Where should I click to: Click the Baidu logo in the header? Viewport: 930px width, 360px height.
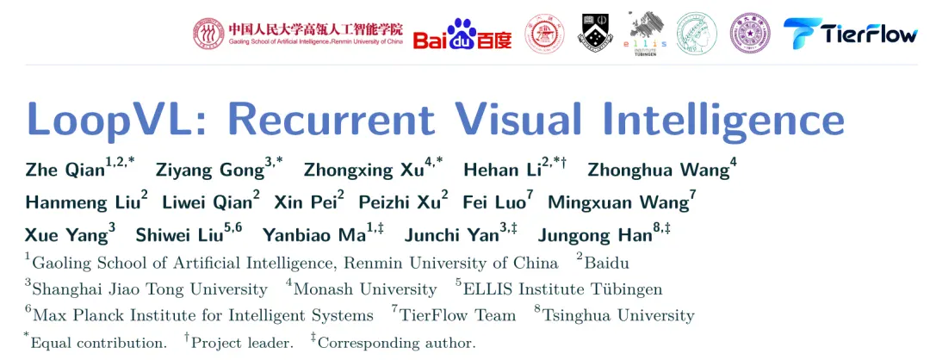(x=462, y=35)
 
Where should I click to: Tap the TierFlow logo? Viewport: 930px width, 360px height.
(x=851, y=34)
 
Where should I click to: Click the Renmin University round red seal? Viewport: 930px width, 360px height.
(x=208, y=34)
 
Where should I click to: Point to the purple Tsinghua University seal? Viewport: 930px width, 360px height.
(x=750, y=34)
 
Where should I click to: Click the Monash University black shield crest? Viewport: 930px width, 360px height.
(x=596, y=33)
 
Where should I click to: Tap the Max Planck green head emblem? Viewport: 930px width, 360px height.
(x=697, y=34)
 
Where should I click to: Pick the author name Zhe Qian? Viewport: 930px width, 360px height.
(x=65, y=171)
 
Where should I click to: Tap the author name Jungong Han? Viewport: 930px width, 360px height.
(x=595, y=235)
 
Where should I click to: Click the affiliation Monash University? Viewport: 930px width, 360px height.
(x=365, y=289)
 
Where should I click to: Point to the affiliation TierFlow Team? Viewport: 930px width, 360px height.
(x=457, y=315)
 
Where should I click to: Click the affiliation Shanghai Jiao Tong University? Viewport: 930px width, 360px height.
(x=150, y=289)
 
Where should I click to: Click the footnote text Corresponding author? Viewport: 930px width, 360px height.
(x=397, y=343)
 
